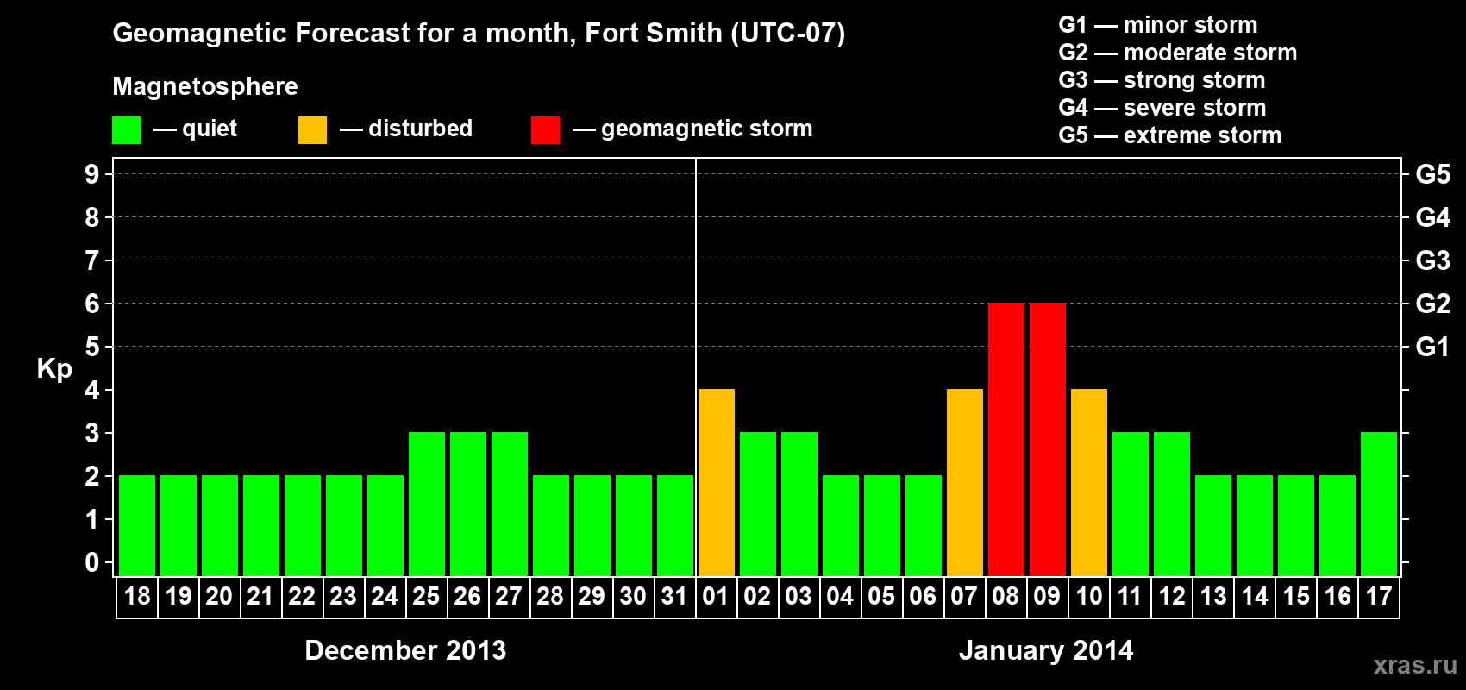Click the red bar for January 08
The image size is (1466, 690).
click(x=1006, y=439)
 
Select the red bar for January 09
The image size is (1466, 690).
click(x=1047, y=439)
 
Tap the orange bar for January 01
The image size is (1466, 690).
click(x=716, y=482)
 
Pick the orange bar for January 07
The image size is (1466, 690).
click(x=964, y=482)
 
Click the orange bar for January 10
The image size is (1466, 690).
click(x=1088, y=482)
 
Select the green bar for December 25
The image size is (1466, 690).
click(x=426, y=504)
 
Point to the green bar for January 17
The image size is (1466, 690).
click(x=1378, y=504)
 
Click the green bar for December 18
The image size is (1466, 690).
click(x=136, y=525)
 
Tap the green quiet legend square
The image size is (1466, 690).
click(x=126, y=130)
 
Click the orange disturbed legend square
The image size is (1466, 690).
click(x=312, y=130)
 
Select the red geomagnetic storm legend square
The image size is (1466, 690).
click(x=545, y=130)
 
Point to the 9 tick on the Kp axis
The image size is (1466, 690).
click(x=92, y=174)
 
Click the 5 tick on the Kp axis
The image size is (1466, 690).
click(x=92, y=347)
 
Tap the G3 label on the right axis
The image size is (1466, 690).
click(x=1432, y=260)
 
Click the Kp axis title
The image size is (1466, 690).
click(x=54, y=369)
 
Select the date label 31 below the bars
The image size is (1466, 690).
click(x=674, y=597)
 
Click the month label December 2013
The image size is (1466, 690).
click(x=405, y=650)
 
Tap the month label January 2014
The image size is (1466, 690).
click(x=1045, y=650)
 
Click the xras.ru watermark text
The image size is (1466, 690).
click(x=1414, y=665)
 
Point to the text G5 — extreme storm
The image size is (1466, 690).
click(x=1169, y=135)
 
